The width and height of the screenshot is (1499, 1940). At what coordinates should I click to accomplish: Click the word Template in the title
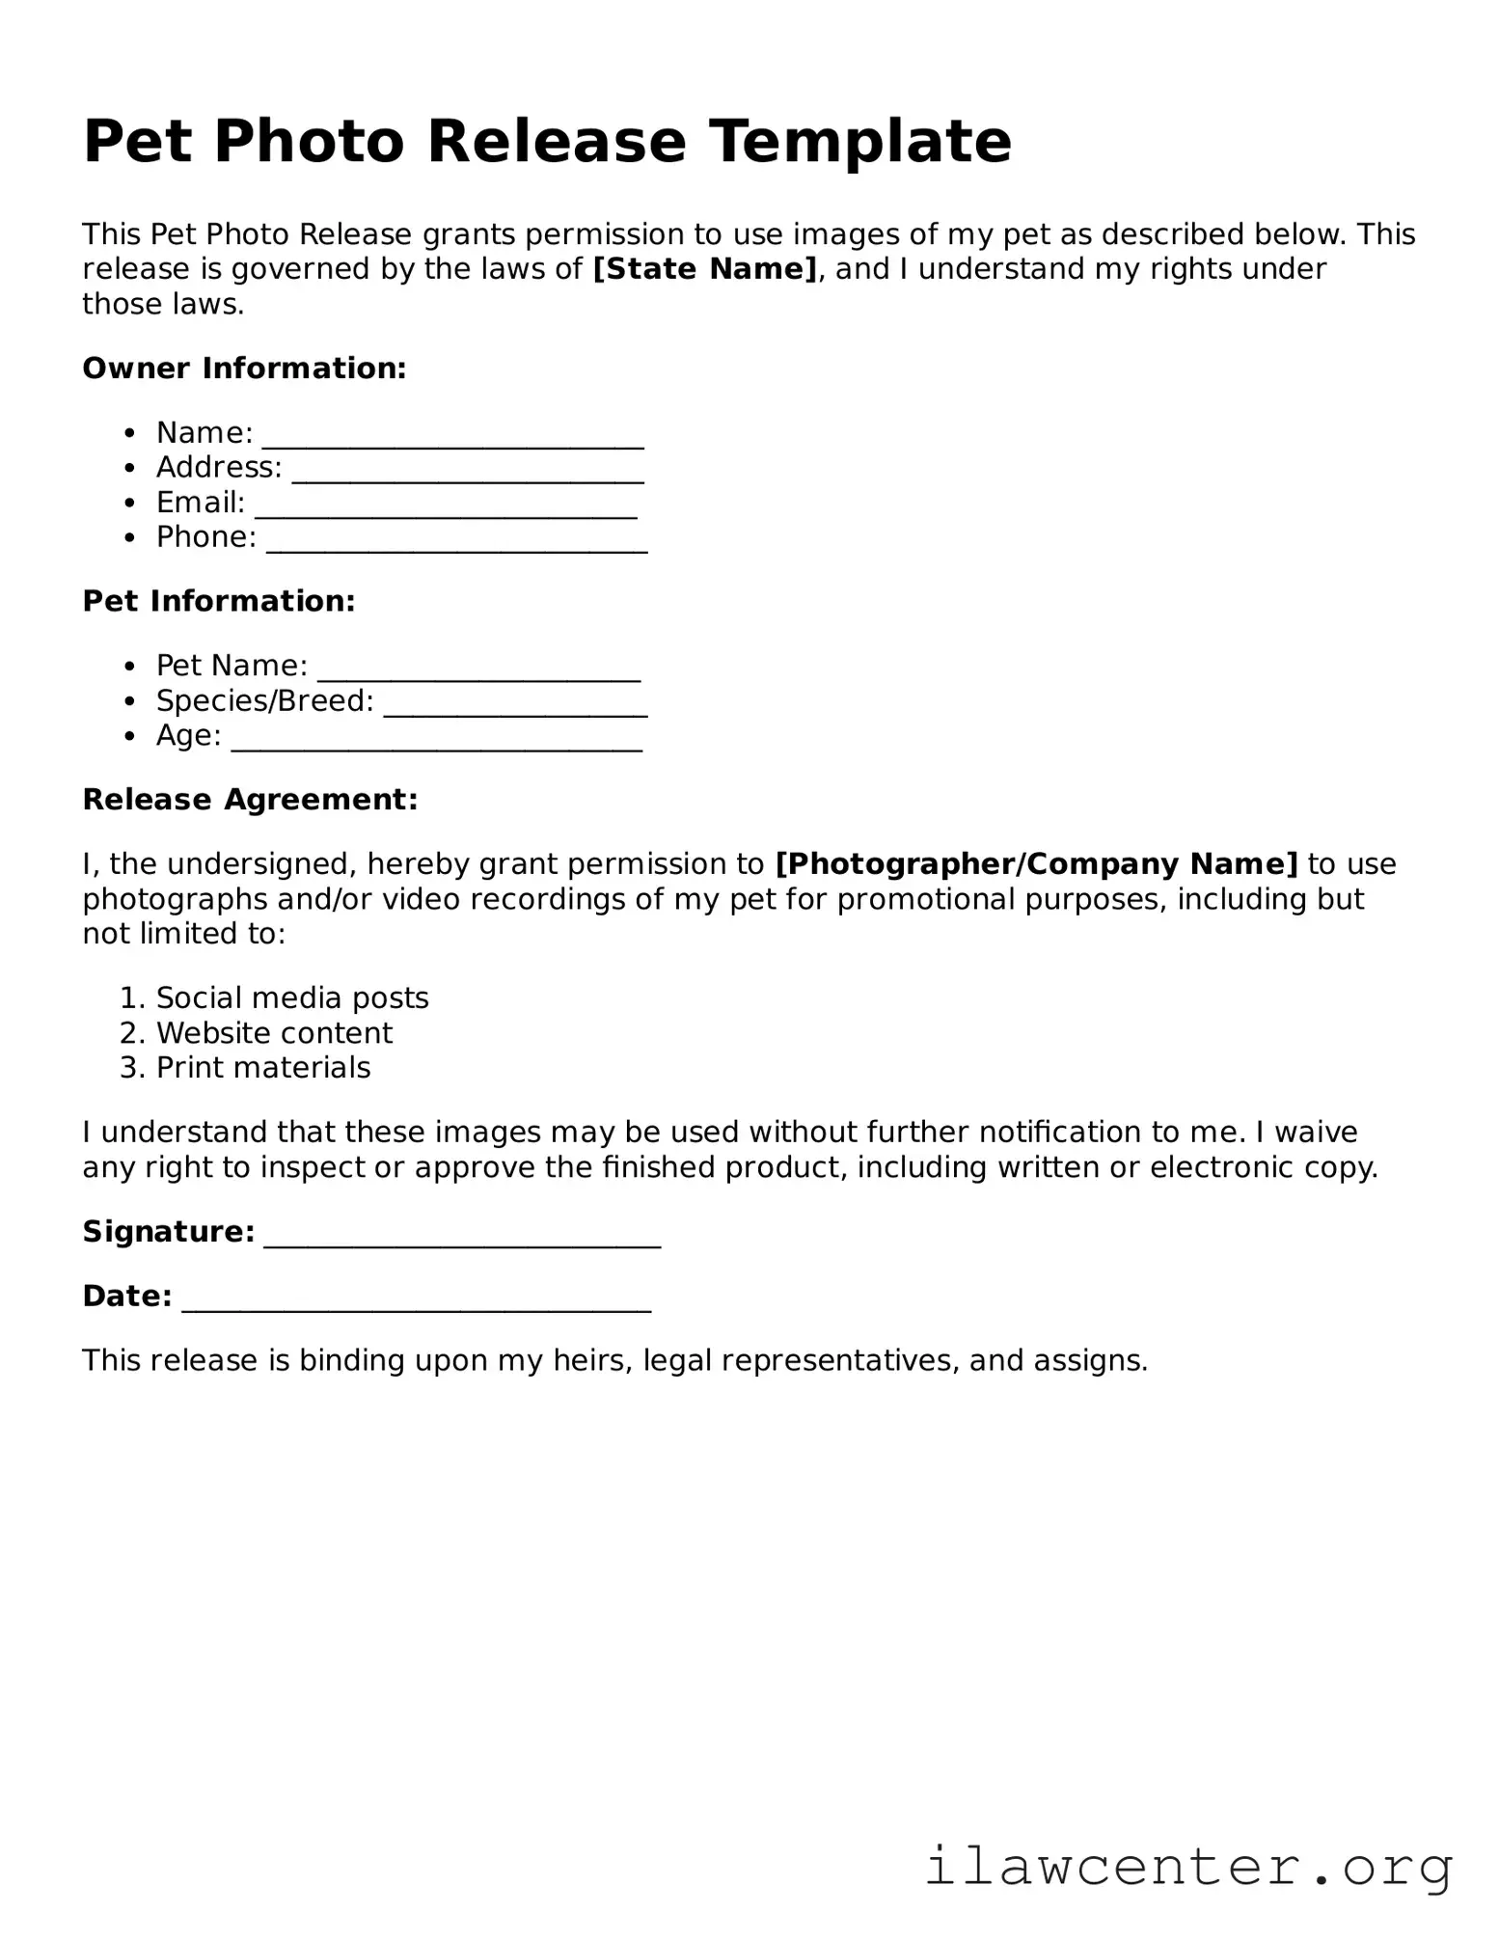point(860,142)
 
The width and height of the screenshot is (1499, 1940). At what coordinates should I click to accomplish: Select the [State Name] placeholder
point(705,269)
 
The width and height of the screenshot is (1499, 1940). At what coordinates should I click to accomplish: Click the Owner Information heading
point(244,369)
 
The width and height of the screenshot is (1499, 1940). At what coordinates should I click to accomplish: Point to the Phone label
point(205,537)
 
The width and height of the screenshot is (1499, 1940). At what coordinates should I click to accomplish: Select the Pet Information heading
point(219,601)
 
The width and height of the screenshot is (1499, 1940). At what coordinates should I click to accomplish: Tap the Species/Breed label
point(264,701)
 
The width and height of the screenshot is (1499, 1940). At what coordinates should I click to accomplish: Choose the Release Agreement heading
point(250,800)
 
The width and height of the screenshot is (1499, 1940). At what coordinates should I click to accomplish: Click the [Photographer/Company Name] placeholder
point(1037,864)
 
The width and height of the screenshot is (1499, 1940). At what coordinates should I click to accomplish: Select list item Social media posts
point(292,997)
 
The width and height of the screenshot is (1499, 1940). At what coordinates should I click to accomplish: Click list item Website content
point(274,1033)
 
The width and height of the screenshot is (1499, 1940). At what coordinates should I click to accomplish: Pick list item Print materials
point(263,1068)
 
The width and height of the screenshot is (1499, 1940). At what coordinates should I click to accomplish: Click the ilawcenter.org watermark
point(1188,1866)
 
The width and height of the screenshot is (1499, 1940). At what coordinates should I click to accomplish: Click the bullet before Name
point(130,433)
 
